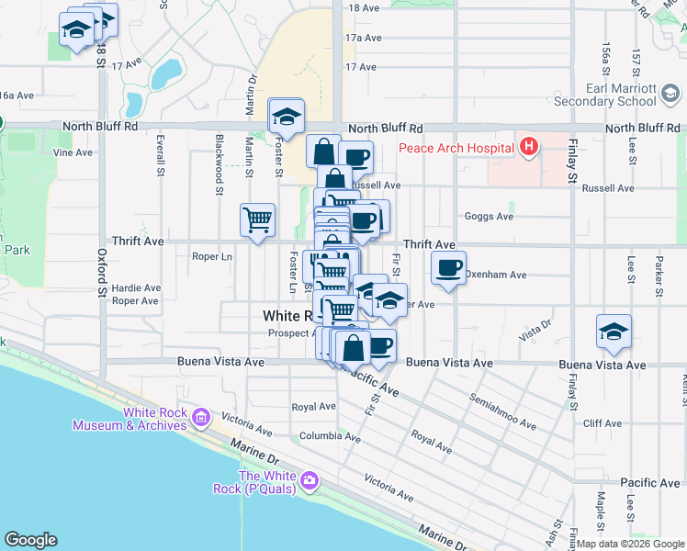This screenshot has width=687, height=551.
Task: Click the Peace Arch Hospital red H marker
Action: point(528,145)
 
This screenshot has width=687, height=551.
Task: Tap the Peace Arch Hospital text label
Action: point(456,147)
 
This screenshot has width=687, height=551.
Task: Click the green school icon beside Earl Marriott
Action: point(671,93)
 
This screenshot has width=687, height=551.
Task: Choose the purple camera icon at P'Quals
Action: point(310,480)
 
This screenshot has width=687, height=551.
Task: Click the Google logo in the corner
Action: point(30,540)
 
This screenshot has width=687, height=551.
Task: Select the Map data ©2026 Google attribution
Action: point(629,544)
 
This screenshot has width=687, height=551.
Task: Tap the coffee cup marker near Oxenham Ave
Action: point(448,267)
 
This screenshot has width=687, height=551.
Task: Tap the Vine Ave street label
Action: point(74,152)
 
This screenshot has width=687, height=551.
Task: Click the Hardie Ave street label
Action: point(136,287)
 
